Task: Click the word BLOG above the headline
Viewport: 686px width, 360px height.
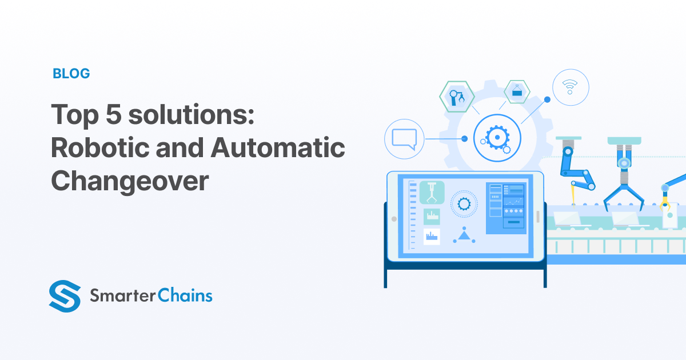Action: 71,73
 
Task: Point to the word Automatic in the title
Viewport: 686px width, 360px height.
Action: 278,149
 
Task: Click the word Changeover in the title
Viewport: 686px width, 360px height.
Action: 130,181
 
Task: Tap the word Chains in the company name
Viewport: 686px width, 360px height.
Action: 186,295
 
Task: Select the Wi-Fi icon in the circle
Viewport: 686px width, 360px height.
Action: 569,87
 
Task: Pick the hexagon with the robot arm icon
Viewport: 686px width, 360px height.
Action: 457,96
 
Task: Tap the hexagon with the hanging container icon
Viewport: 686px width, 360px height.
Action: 517,91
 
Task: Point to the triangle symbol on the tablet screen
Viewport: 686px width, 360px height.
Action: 464,234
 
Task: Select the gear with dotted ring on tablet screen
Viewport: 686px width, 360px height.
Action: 464,203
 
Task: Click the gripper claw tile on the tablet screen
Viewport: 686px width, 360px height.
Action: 432,193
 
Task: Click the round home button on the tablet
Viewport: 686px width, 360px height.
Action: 393,218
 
